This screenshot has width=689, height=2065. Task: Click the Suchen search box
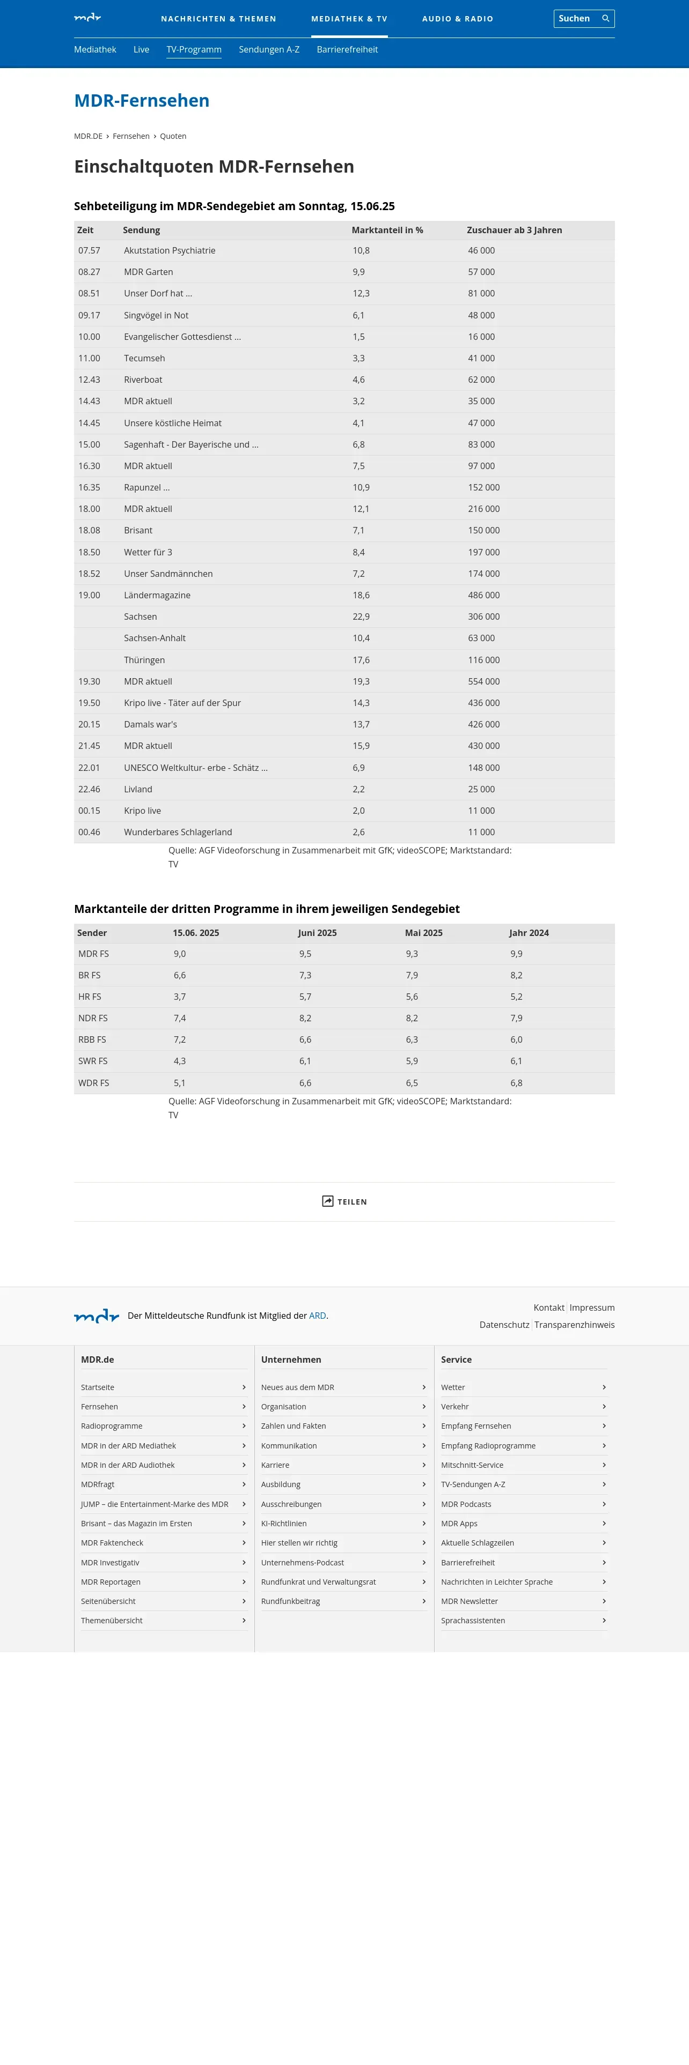pos(576,18)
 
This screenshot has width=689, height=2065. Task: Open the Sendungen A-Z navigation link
pos(269,50)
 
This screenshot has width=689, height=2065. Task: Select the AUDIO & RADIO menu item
pos(457,18)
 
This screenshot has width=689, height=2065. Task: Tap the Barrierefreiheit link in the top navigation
pos(347,50)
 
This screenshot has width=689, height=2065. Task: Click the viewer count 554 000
pos(483,681)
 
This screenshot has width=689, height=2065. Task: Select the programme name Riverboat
pos(143,380)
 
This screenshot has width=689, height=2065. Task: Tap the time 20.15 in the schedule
pos(89,725)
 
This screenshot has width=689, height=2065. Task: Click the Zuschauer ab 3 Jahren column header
pos(514,230)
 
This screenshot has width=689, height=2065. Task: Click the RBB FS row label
pos(92,1039)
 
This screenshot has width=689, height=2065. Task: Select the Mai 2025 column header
pos(423,933)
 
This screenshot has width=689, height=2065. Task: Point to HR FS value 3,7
pos(180,997)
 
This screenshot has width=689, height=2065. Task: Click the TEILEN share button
pos(344,1202)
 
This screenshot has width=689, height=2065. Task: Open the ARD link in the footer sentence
pos(318,1316)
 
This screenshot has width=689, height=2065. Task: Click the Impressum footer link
pos(592,1308)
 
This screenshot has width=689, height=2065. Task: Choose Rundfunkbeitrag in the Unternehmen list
pos(290,1601)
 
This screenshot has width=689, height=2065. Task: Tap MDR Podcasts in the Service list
pos(466,1504)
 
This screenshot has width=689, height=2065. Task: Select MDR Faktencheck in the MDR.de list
pos(112,1542)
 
